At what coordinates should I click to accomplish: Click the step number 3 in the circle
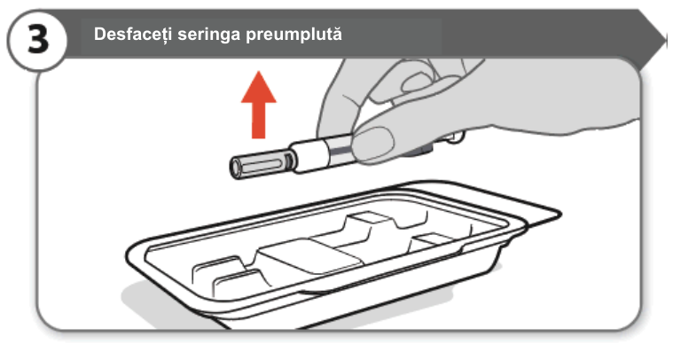point(38,40)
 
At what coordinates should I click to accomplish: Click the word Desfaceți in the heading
point(134,34)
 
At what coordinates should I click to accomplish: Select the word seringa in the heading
point(209,35)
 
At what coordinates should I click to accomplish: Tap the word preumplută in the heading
point(294,35)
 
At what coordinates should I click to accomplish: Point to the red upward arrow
point(258,105)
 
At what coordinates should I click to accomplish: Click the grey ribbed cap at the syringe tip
point(262,163)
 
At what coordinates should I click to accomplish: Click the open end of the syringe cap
point(236,168)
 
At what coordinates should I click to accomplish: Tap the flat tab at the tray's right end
point(542,215)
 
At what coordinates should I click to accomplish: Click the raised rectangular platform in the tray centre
point(309,255)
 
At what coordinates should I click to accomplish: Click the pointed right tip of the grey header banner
point(665,41)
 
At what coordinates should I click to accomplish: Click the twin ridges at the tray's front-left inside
point(223,275)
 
